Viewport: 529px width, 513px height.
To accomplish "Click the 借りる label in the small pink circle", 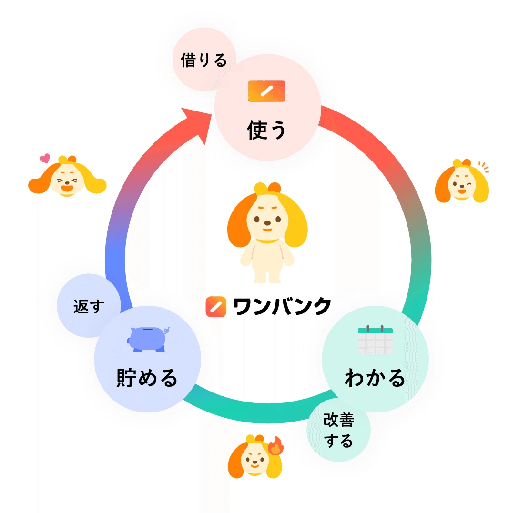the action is (203, 60).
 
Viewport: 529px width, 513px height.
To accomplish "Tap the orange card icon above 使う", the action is (266, 91).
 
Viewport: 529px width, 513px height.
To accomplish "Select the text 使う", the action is (266, 130).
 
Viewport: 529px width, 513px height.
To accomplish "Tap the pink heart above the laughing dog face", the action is (44, 158).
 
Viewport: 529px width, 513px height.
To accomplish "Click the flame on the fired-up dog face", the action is (275, 446).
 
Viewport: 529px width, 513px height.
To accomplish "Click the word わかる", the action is (375, 378).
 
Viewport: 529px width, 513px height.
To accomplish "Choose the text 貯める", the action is (147, 378).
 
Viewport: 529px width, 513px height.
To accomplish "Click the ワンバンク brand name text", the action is (282, 306).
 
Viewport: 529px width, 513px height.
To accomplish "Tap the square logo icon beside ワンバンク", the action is (215, 306).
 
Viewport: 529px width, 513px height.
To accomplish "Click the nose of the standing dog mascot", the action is (267, 221).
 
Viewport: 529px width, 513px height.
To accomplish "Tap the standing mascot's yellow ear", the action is (295, 224).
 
